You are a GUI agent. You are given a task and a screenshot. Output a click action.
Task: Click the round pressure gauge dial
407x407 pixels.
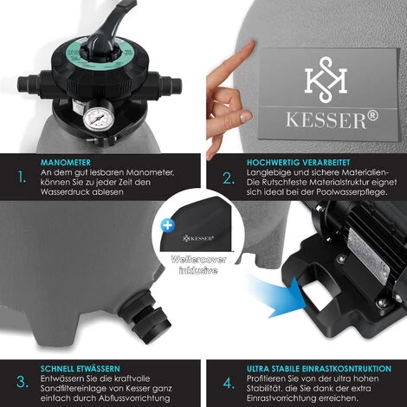click(99, 119)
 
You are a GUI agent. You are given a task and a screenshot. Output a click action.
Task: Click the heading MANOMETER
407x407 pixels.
click(66, 163)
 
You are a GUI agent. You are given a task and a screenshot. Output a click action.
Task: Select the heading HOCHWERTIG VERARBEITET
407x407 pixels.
click(298, 163)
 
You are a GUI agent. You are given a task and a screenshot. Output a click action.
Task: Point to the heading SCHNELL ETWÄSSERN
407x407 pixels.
click(80, 369)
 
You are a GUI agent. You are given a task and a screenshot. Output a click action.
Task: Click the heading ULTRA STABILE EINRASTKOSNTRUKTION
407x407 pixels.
click(319, 369)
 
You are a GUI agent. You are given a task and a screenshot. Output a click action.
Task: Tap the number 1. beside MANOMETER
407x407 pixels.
click(22, 177)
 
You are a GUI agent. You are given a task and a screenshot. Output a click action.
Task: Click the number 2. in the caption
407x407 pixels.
click(229, 178)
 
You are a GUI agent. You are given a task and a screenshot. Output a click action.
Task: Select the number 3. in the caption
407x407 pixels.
click(23, 382)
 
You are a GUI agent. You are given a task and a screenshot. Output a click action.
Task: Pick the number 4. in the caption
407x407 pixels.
click(229, 384)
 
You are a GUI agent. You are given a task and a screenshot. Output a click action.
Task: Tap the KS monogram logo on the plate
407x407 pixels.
click(326, 80)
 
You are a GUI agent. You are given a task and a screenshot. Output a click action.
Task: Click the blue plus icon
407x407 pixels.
click(168, 225)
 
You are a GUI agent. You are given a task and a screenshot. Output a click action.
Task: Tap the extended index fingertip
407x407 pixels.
click(250, 46)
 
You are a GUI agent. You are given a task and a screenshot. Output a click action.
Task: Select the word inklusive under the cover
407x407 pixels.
click(198, 270)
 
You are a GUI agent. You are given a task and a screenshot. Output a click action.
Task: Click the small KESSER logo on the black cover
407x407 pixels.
click(198, 238)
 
